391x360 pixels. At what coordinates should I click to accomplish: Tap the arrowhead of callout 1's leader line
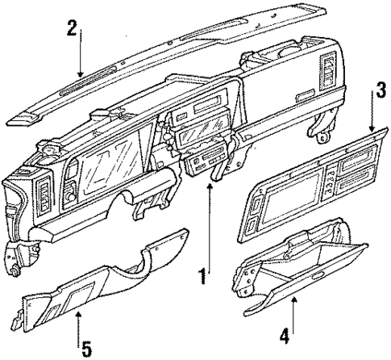tap(210, 184)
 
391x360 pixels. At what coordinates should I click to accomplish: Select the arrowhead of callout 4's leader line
tap(294, 299)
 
